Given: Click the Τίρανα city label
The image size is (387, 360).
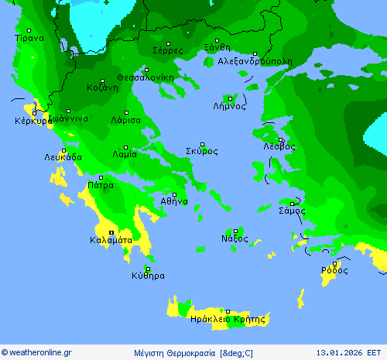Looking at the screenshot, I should coord(29,37).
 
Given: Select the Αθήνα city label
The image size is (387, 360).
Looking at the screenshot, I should coord(174,201).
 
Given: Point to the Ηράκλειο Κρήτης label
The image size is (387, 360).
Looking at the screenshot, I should coord(228,319).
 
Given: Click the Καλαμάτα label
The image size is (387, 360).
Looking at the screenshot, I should coord(111,241).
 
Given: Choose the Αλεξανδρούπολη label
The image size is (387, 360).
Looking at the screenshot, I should coord(255,60).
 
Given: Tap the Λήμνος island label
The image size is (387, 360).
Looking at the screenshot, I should coord(229,107).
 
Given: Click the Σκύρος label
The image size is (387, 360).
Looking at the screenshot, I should coord(201,152).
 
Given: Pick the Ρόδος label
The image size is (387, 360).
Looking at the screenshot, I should coord(334,271).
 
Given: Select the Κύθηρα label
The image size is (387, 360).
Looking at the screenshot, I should coord(148,276).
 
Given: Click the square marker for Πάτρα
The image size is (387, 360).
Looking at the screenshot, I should coord(100,177).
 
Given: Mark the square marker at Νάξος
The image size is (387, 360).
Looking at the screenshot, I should coord(235,231).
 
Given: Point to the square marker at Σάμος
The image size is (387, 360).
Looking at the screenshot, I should coord(292,203).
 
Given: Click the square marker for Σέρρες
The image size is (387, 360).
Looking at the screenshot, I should coord(168,43).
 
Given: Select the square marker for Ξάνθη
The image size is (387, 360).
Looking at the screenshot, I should coord(217,40).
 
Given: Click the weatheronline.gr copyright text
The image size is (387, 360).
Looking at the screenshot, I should coord(37,353).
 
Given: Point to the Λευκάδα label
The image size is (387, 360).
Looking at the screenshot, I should coord(63,157).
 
